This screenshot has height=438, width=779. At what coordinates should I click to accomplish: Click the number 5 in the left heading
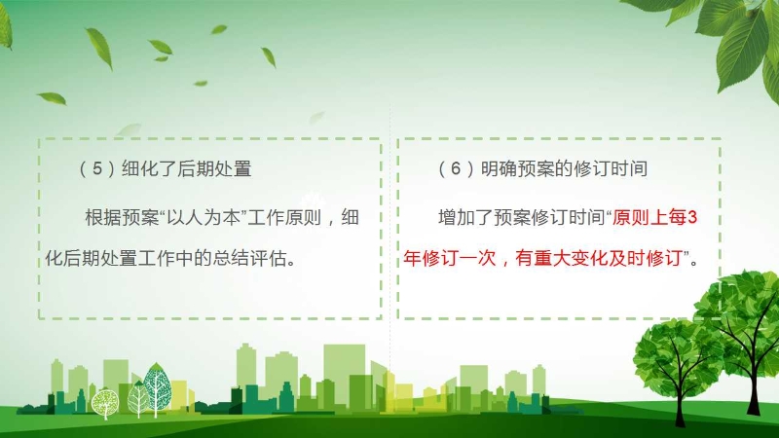pos(97,168)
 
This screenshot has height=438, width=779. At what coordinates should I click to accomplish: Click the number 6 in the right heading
pos(456,168)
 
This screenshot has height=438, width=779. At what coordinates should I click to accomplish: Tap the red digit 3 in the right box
pos(692,217)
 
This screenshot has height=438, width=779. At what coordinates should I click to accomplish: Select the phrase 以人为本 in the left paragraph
pos(203,217)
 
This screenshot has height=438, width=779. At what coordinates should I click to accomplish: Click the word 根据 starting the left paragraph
pos(103,217)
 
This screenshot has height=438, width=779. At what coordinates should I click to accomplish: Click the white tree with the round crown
pos(105,402)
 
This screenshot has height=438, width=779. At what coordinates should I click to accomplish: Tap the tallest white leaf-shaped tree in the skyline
pos(157,387)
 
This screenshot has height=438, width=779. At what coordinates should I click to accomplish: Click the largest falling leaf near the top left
pos(100,48)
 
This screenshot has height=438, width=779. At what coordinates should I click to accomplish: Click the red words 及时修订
pos(646,258)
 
